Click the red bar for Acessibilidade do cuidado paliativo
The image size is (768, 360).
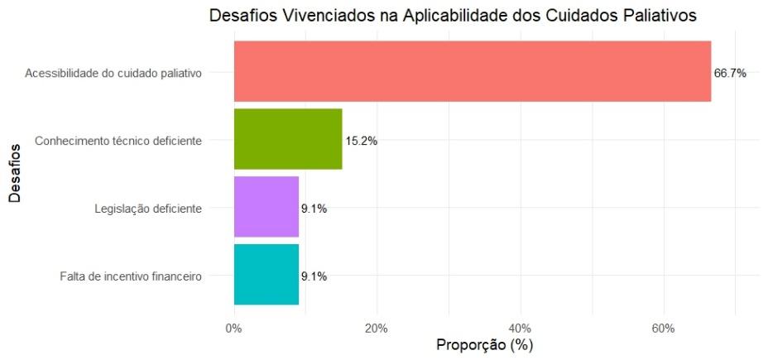(473, 71)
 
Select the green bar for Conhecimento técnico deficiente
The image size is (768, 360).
(288, 139)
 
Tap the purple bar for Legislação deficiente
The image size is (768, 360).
(266, 207)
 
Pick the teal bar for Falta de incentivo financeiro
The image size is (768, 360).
(266, 274)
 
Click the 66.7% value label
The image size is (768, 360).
(730, 74)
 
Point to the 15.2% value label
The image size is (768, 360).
(362, 141)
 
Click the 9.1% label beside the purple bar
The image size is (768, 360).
(314, 209)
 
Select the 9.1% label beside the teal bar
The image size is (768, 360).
(314, 276)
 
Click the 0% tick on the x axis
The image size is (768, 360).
(233, 328)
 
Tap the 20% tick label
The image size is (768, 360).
(377, 328)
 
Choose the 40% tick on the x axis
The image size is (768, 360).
(521, 328)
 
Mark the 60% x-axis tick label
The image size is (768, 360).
(664, 328)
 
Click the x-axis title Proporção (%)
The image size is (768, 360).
(484, 345)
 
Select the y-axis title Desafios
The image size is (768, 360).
(15, 173)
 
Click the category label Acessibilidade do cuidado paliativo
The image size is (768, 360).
(113, 74)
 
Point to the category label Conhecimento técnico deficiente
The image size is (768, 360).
(118, 141)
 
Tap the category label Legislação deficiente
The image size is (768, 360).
(148, 209)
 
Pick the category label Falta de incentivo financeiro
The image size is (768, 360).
(131, 276)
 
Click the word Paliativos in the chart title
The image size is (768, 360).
(655, 16)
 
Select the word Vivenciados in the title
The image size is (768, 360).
(329, 16)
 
